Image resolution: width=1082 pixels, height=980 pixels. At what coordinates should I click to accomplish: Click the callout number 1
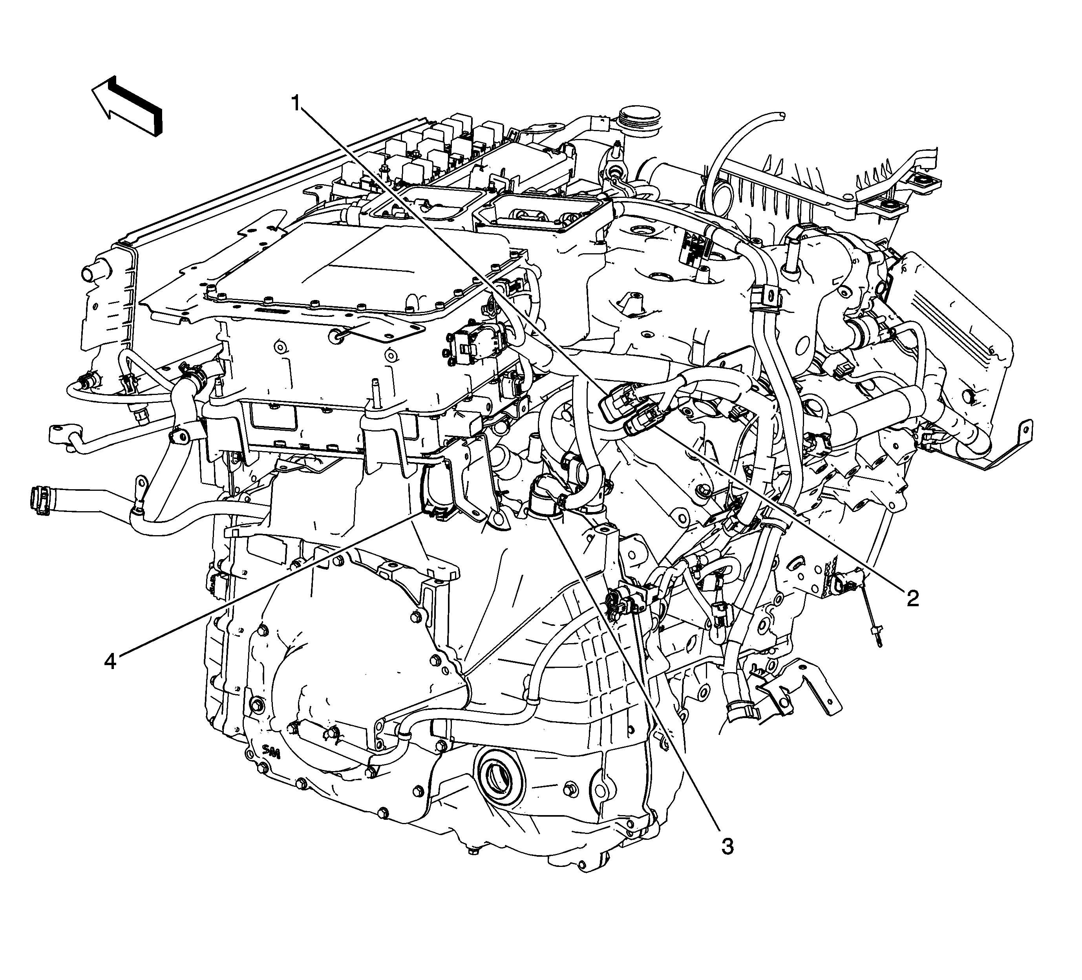tap(296, 102)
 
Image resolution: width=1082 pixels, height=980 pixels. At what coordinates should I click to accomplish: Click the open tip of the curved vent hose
tap(781, 115)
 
